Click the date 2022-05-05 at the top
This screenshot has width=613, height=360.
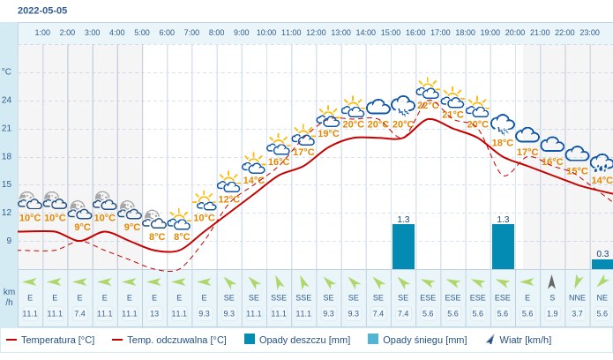(x=42, y=11)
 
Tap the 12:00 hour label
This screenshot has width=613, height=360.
(x=316, y=33)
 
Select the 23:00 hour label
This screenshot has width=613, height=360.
(x=589, y=33)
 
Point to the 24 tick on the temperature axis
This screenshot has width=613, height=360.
(x=7, y=100)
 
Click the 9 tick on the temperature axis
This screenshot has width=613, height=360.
(x=9, y=240)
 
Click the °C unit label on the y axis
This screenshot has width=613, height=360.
(x=7, y=71)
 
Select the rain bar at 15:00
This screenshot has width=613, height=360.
(x=403, y=246)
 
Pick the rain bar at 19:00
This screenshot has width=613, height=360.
(x=503, y=246)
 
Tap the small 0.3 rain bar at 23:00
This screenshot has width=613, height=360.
(x=602, y=264)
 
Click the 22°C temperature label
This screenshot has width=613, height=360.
(x=428, y=105)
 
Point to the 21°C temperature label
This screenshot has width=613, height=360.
(x=452, y=114)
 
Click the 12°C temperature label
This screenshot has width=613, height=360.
(x=228, y=199)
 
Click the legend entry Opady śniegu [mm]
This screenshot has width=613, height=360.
(x=416, y=340)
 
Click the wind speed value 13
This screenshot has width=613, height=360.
(x=154, y=313)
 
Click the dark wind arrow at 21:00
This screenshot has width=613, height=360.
(x=552, y=281)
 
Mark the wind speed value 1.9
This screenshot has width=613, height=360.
(x=552, y=313)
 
